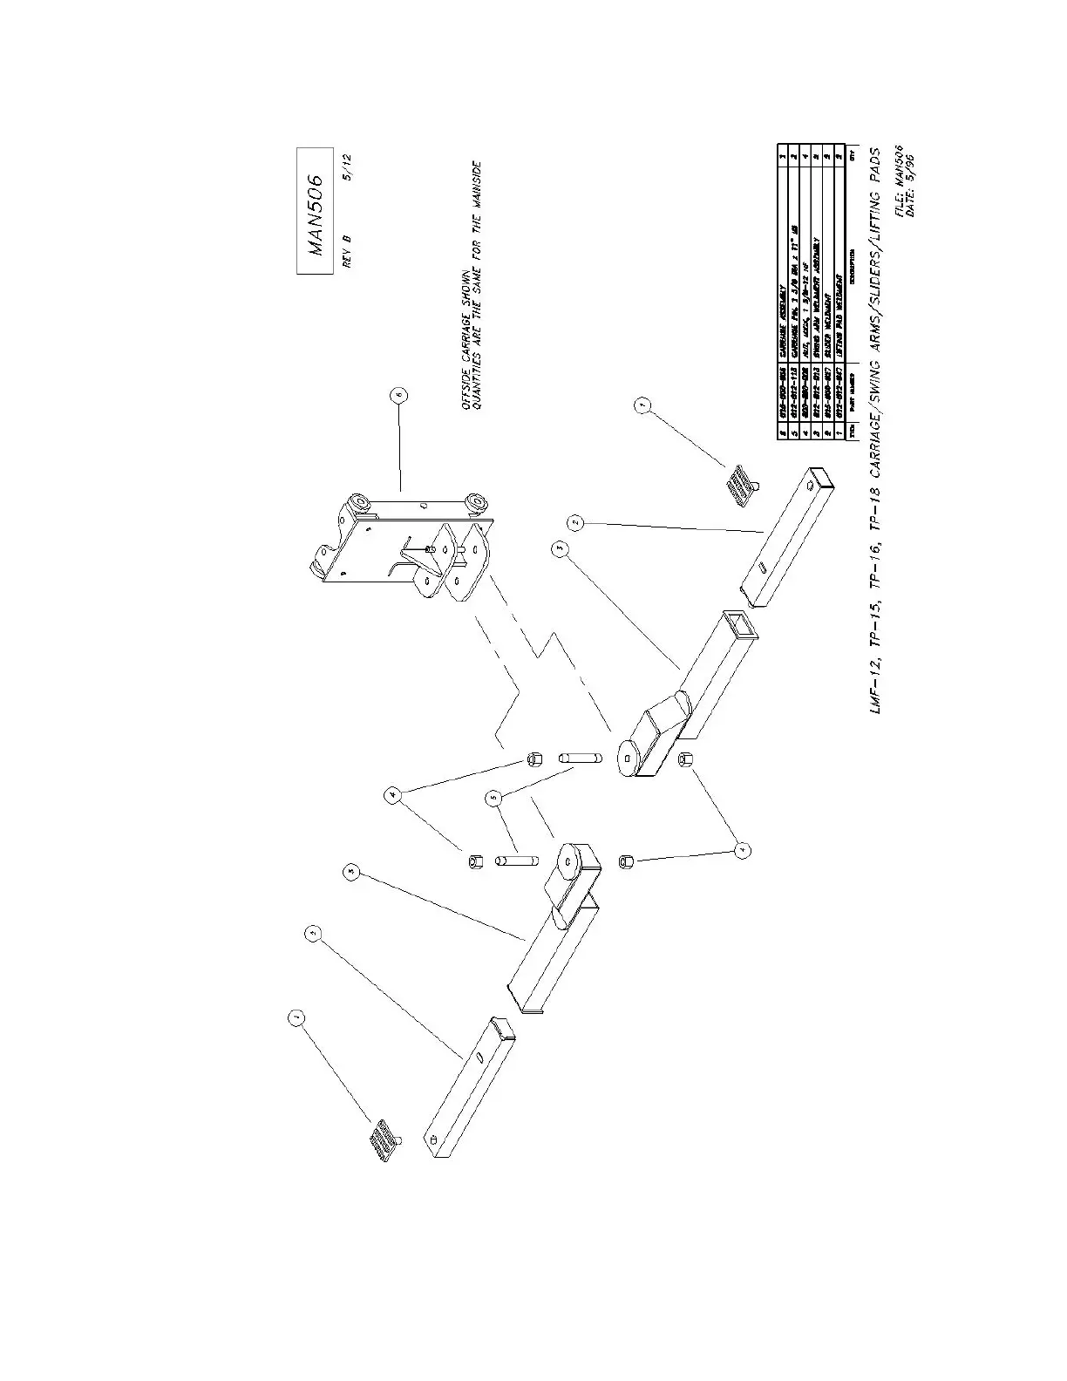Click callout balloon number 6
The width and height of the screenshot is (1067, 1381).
click(398, 397)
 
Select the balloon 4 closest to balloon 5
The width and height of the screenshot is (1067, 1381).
click(395, 795)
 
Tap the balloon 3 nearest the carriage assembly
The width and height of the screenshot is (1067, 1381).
click(561, 548)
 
